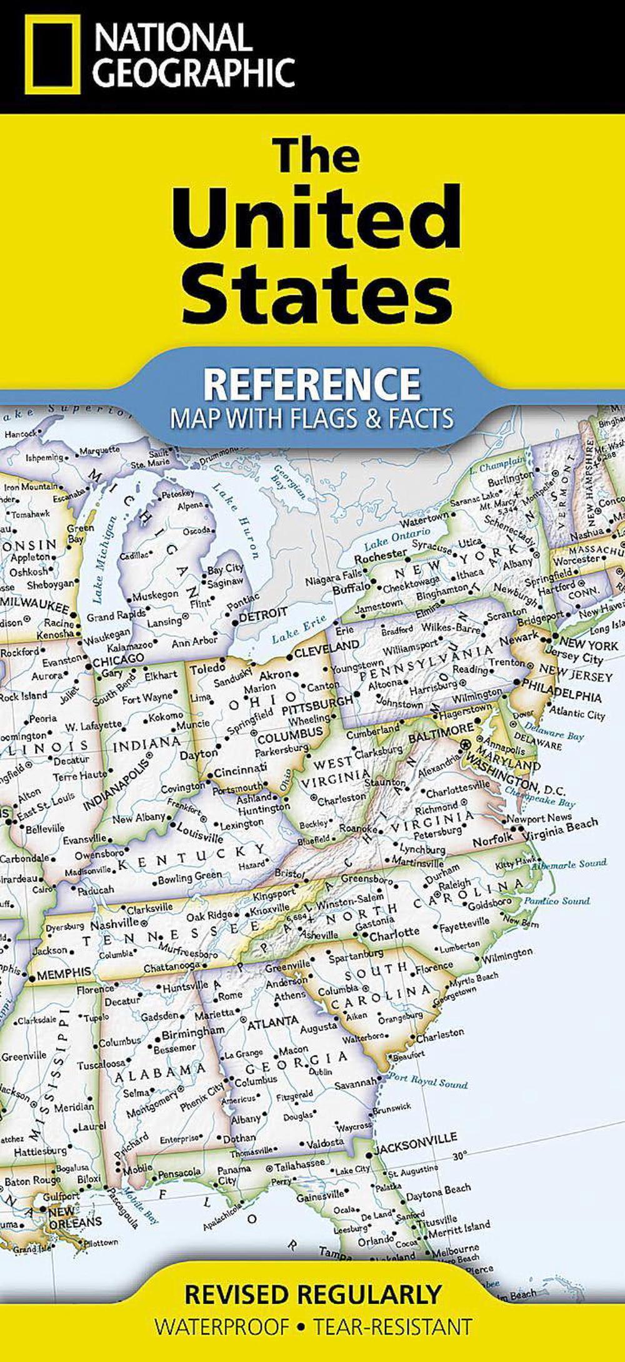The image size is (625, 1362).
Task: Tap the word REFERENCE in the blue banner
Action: (x=312, y=383)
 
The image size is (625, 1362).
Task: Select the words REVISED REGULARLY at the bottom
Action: (x=312, y=1294)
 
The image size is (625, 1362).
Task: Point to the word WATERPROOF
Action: (x=222, y=1326)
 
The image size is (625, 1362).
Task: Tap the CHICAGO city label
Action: (x=118, y=660)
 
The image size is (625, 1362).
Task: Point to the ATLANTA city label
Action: (x=273, y=1023)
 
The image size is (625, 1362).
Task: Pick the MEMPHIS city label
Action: (x=64, y=974)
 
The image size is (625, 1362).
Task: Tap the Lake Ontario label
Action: (x=397, y=537)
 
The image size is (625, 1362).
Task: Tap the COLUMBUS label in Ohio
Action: (x=290, y=733)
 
